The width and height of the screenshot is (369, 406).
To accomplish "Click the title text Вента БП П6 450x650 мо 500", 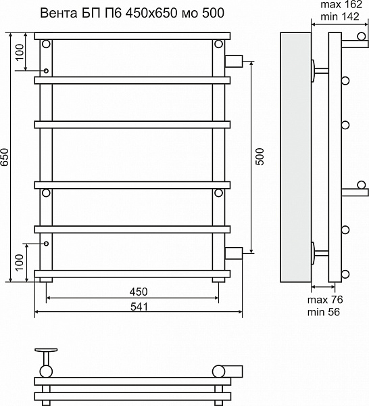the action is (x=132, y=14).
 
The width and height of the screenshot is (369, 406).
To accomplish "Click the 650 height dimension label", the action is (x=5, y=157).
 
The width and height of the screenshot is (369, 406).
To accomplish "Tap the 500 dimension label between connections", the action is (x=260, y=157).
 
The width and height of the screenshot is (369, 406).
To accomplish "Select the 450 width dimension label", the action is (x=139, y=292).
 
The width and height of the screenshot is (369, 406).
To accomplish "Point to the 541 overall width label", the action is (x=139, y=307).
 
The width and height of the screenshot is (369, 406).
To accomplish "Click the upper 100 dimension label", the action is (x=20, y=52).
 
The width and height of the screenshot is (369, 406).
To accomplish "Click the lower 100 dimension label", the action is (x=20, y=263).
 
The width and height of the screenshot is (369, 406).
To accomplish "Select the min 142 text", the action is (x=340, y=16).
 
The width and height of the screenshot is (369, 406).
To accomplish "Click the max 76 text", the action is (x=325, y=300).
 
